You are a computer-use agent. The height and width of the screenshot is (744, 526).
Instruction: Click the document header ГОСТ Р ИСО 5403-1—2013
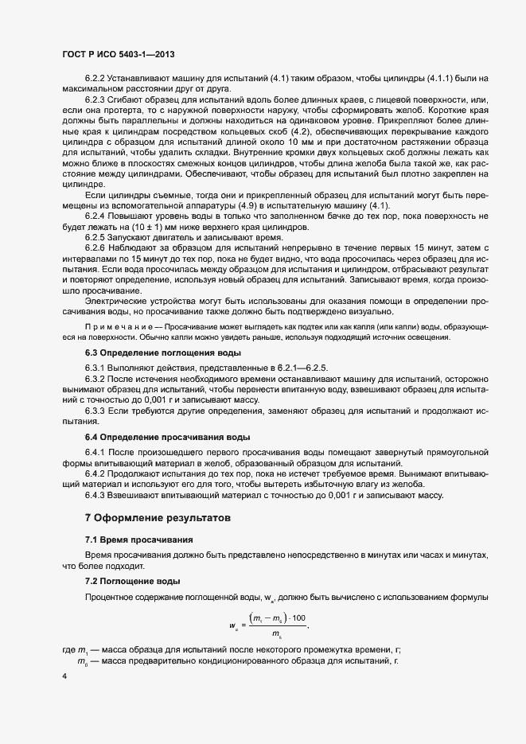(118, 55)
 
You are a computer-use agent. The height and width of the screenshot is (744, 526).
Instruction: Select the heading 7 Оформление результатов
(158, 517)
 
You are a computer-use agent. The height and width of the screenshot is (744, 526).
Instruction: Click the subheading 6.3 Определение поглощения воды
(163, 352)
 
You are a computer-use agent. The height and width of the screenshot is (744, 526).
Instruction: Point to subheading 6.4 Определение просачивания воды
(167, 437)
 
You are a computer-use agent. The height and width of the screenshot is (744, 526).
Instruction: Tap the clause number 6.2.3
(95, 98)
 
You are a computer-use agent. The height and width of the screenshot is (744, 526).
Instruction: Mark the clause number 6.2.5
(95, 238)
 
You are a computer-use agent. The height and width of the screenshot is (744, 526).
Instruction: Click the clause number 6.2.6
(95, 250)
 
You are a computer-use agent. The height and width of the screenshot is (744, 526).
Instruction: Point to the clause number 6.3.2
(95, 379)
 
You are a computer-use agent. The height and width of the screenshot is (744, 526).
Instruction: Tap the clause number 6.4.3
(95, 495)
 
